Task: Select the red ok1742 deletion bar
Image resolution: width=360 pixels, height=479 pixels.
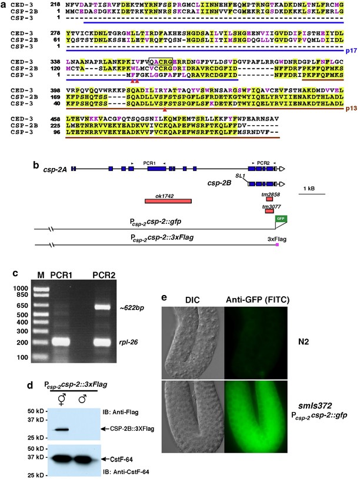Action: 168,202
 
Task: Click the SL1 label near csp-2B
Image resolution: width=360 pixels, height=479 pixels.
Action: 239,175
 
